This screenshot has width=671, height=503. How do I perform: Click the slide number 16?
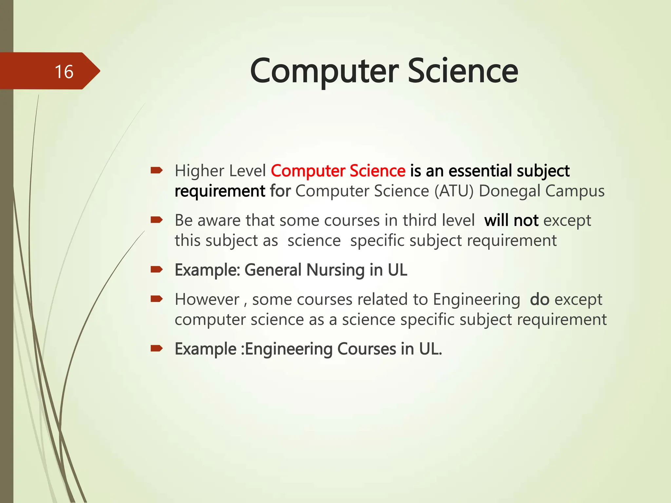click(x=64, y=72)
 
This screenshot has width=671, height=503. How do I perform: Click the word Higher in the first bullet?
click(x=199, y=171)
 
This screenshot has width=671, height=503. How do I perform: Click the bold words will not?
click(x=511, y=220)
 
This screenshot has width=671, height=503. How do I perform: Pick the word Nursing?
click(x=335, y=270)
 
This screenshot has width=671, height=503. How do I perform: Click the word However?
click(x=207, y=300)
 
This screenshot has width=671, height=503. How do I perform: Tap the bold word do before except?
click(x=539, y=300)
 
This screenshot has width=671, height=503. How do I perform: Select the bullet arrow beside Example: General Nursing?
click(x=157, y=270)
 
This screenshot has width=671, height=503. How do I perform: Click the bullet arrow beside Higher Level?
click(x=157, y=170)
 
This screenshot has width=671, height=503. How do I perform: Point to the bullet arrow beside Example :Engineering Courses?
click(x=157, y=349)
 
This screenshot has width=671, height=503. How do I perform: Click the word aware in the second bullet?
click(x=219, y=220)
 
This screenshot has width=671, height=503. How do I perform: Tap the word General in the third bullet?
click(x=273, y=270)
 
